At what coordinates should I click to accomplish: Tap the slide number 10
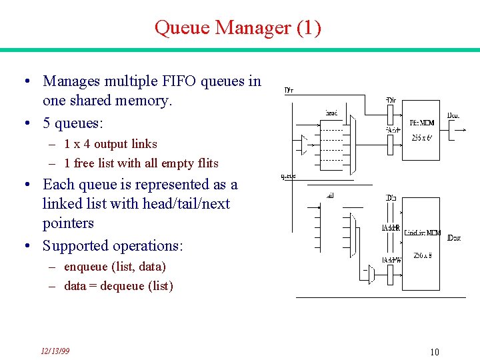point(434,352)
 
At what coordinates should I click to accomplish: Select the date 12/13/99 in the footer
point(55,351)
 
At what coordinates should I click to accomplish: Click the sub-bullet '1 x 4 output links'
point(111,144)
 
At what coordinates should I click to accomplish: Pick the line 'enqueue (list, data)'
point(115,267)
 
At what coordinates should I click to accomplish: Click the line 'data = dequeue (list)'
point(118,286)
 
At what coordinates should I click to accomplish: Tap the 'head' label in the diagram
point(331,113)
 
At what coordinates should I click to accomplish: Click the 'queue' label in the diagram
point(288,177)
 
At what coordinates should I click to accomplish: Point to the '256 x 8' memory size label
point(421,255)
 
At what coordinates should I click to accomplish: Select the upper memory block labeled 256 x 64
point(421,131)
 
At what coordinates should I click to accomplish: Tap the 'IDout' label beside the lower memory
point(453,238)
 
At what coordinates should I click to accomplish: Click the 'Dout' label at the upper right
point(453,115)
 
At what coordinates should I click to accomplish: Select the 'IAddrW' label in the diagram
point(391,260)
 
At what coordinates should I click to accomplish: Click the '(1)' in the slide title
point(309,29)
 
